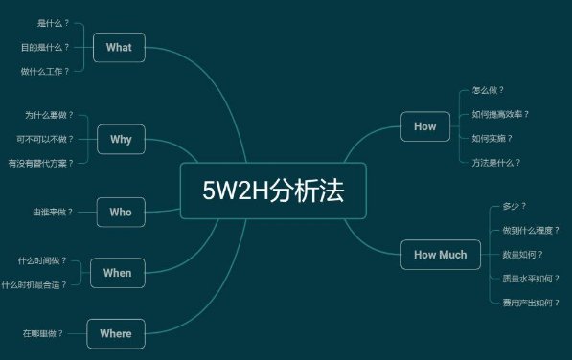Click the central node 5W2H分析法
click(x=272, y=191)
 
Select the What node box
click(x=119, y=47)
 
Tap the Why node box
click(x=121, y=140)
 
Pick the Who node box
click(x=121, y=212)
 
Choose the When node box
click(x=117, y=273)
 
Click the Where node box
click(x=115, y=333)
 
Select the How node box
click(x=424, y=126)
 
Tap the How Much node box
click(x=440, y=255)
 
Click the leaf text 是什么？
click(x=53, y=22)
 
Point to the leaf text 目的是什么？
click(x=45, y=47)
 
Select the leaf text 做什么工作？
click(x=45, y=71)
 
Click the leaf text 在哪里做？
click(x=43, y=333)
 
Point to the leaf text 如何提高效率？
click(x=500, y=114)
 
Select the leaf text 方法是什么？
click(x=496, y=163)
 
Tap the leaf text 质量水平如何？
click(x=530, y=279)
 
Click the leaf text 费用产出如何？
click(x=530, y=303)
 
